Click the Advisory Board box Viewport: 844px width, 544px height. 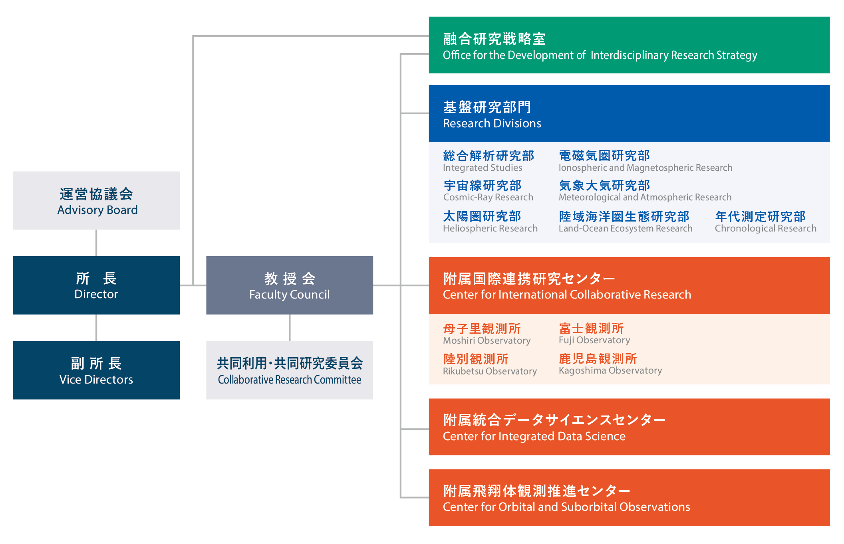[96, 200]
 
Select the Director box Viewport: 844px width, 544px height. [96, 285]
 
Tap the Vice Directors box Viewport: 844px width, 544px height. [96, 370]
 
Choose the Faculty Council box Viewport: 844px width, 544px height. [290, 285]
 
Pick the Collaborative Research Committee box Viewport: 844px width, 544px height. [290, 370]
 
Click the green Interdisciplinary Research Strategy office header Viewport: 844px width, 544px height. [629, 45]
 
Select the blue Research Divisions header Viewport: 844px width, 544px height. [629, 113]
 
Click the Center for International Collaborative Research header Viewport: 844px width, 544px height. [629, 285]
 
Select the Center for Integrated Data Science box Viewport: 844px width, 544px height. [629, 427]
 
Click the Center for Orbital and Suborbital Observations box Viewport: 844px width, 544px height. [629, 498]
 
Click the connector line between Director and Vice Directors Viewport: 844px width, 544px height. [96, 328]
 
